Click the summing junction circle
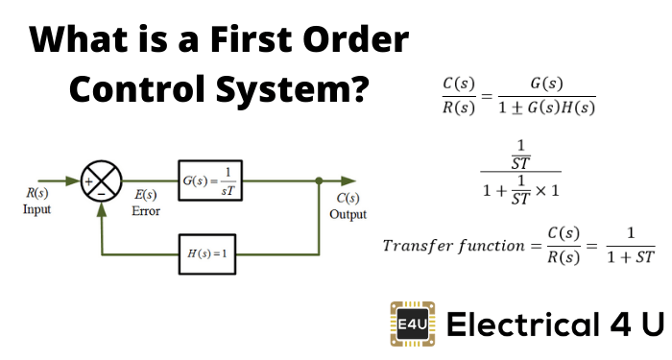pyautogui.click(x=105, y=180)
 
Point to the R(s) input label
pyautogui.click(x=37, y=194)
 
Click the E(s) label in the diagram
pyautogui.click(x=145, y=196)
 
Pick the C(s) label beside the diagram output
pyautogui.click(x=348, y=199)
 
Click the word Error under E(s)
pyautogui.click(x=145, y=210)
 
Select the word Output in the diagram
pyautogui.click(x=348, y=214)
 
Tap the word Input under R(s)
pyautogui.click(x=37, y=209)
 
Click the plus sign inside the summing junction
pyautogui.click(x=94, y=180)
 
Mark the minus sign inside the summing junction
pyautogui.click(x=105, y=192)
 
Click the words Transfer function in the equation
pyautogui.click(x=450, y=246)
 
